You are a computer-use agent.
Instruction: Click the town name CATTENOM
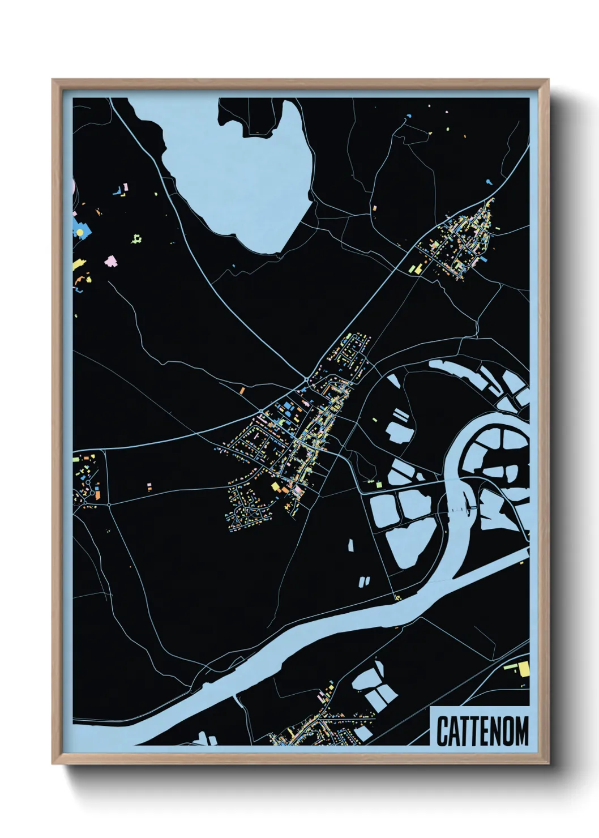(x=482, y=730)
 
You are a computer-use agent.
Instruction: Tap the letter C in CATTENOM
(x=442, y=730)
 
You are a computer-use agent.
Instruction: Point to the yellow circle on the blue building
(x=80, y=232)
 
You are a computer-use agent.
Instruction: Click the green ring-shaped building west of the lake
(x=136, y=240)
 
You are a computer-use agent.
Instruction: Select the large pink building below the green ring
(x=111, y=261)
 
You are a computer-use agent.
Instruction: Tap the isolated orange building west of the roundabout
(x=241, y=391)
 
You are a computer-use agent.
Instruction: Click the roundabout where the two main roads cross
(x=306, y=378)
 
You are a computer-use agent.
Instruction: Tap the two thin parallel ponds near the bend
(x=401, y=416)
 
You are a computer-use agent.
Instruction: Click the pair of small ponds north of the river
(x=365, y=580)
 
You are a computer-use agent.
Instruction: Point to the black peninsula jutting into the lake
(x=249, y=116)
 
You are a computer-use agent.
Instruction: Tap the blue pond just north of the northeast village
(x=489, y=182)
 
